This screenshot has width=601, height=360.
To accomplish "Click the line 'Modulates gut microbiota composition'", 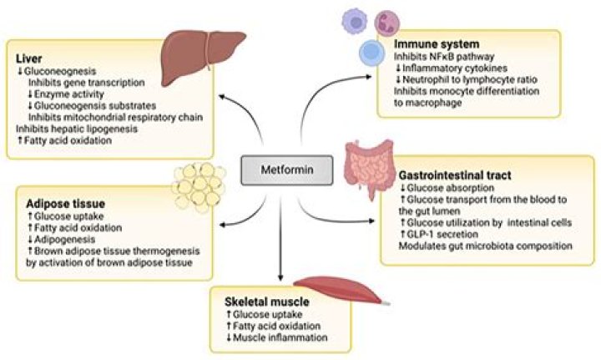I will pos(473,248).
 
